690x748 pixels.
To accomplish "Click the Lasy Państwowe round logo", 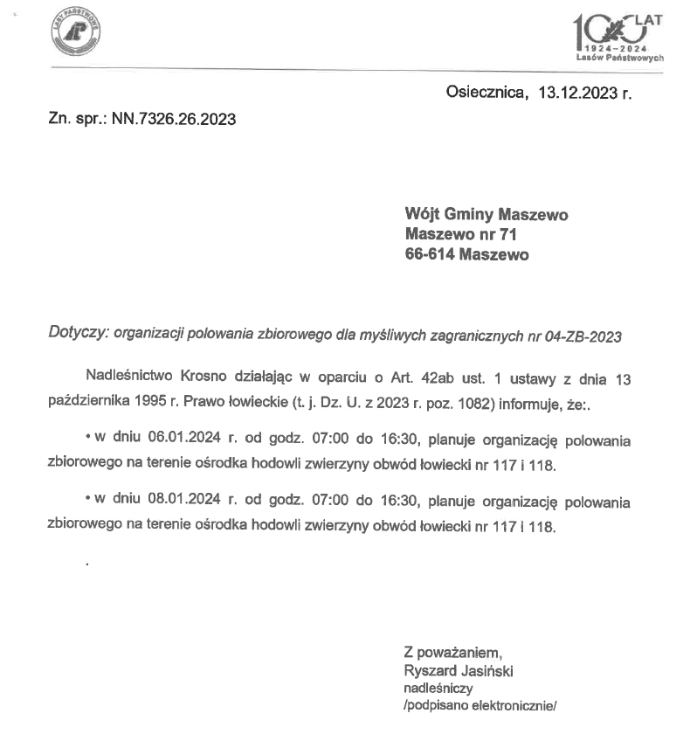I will coord(77,34).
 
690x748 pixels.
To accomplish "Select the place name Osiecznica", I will coord(486,91).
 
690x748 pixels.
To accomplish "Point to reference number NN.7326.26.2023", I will coord(173,120).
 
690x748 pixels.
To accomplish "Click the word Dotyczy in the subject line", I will coord(77,335).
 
